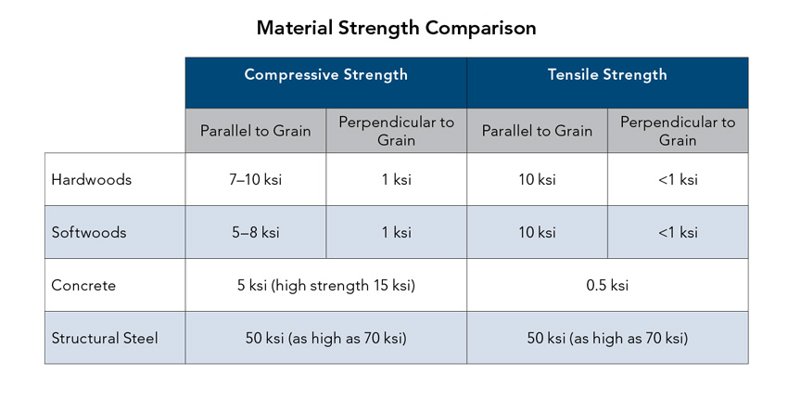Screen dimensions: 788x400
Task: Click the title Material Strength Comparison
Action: tap(396, 28)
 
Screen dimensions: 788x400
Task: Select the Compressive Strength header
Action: tap(325, 74)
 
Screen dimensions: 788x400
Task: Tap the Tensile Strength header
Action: tap(607, 74)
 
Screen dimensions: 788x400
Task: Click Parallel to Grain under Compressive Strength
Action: tap(255, 131)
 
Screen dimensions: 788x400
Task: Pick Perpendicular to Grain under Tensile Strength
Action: tap(678, 131)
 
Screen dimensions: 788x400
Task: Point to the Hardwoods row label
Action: tap(91, 180)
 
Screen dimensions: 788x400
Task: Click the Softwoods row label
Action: tap(88, 232)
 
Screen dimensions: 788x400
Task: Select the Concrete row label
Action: tap(83, 285)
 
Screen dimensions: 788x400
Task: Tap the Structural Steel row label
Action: tap(105, 338)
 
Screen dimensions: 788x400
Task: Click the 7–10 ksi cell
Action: tap(255, 180)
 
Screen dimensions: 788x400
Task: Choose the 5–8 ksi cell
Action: tap(255, 232)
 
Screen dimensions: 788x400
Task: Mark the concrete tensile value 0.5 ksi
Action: tap(607, 285)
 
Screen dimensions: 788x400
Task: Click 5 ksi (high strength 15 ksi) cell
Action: tap(326, 285)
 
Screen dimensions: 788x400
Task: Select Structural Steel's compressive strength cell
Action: tap(326, 338)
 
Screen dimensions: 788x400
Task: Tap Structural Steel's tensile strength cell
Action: tap(607, 338)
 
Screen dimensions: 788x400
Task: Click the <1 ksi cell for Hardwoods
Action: tap(678, 180)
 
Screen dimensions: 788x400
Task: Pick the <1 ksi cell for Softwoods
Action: tap(678, 232)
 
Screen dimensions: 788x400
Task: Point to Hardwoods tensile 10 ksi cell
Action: tap(537, 180)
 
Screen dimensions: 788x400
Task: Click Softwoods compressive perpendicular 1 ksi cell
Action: tap(397, 232)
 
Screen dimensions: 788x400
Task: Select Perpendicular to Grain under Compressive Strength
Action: tap(396, 131)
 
